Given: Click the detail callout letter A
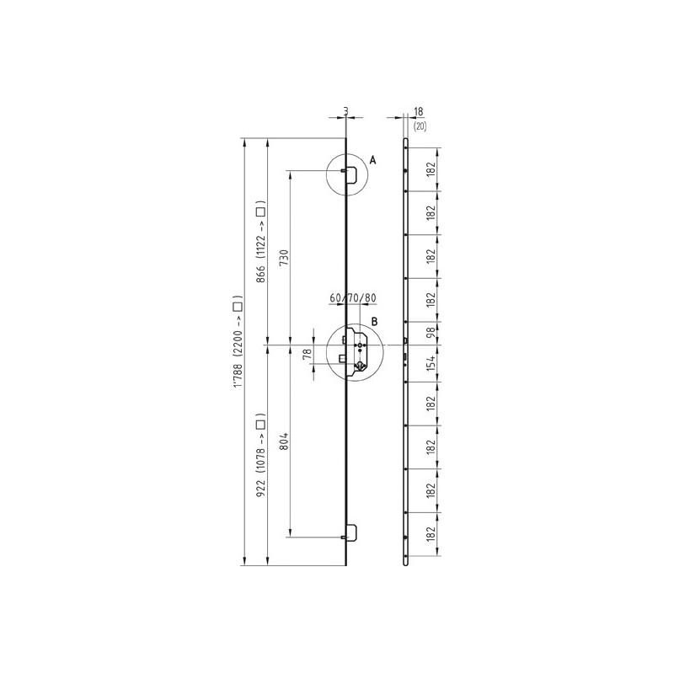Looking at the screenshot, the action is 372,160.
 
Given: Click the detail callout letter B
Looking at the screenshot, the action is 374,322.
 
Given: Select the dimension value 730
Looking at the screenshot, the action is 284,258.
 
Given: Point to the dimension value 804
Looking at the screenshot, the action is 284,441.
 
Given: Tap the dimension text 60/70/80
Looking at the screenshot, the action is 353,298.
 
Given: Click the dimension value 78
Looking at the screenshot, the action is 307,354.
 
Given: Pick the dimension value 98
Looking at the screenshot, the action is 431,333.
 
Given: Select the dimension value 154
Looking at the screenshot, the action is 431,364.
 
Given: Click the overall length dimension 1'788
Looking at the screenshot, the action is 238,375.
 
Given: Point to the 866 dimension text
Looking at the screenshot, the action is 260,274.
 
